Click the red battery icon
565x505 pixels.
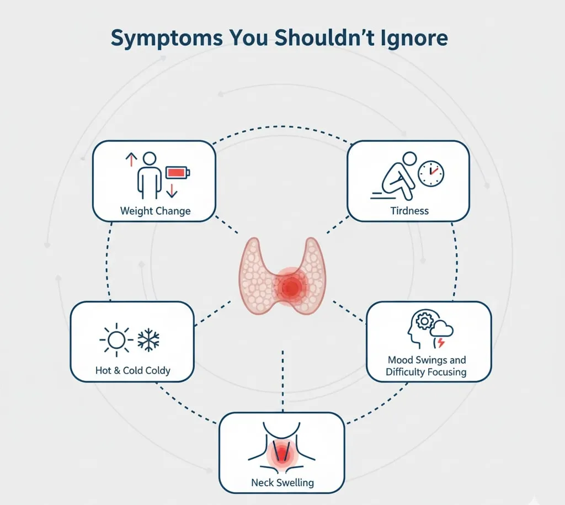(x=178, y=173)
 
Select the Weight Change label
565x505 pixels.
(x=155, y=211)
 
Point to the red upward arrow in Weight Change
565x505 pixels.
(x=131, y=160)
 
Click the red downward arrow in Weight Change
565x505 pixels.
(x=172, y=191)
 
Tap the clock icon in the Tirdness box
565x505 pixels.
(x=431, y=174)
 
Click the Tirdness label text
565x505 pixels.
(x=409, y=210)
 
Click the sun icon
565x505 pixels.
(x=116, y=341)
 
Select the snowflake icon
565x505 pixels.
(x=148, y=341)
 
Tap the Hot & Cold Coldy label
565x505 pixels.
(x=132, y=370)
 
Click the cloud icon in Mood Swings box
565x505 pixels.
(x=443, y=330)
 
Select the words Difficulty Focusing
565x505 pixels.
(x=426, y=372)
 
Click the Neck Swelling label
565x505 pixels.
(x=282, y=482)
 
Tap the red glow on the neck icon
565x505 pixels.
(x=282, y=454)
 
